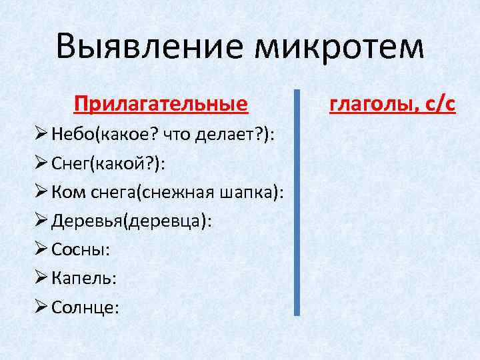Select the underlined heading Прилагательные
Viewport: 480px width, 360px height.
click(x=161, y=105)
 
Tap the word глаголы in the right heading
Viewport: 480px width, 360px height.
click(x=377, y=105)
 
